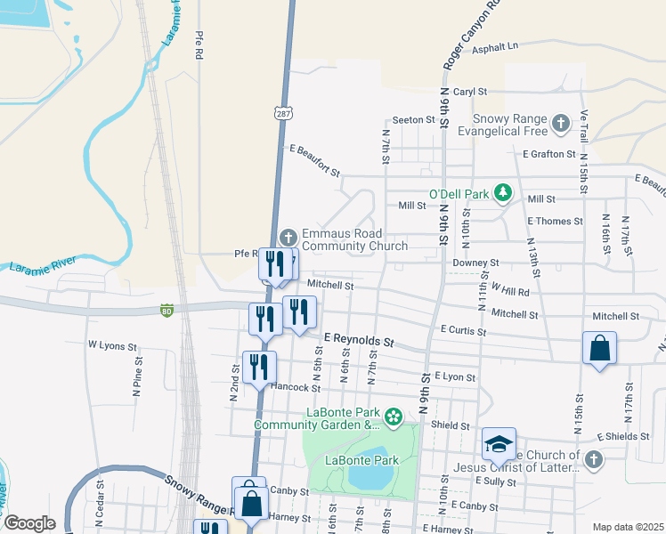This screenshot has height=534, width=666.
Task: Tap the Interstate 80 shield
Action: (x=166, y=310)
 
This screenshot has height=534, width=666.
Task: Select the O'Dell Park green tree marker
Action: (x=503, y=192)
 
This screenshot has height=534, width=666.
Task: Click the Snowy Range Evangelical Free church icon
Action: (x=560, y=122)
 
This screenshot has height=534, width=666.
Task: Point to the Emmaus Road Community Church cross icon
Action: (x=288, y=237)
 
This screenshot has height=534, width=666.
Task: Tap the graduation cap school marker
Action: (x=499, y=444)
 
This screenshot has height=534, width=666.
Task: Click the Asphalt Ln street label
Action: (x=495, y=47)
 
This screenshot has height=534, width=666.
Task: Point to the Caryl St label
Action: (x=470, y=91)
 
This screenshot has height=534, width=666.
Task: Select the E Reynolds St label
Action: (x=359, y=340)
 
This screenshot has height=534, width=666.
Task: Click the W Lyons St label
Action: (x=112, y=345)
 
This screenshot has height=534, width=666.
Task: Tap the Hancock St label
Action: (x=296, y=387)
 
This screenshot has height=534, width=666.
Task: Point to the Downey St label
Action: (x=475, y=263)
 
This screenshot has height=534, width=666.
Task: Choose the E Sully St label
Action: (x=497, y=481)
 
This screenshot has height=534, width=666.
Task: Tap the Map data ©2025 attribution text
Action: (x=628, y=527)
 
